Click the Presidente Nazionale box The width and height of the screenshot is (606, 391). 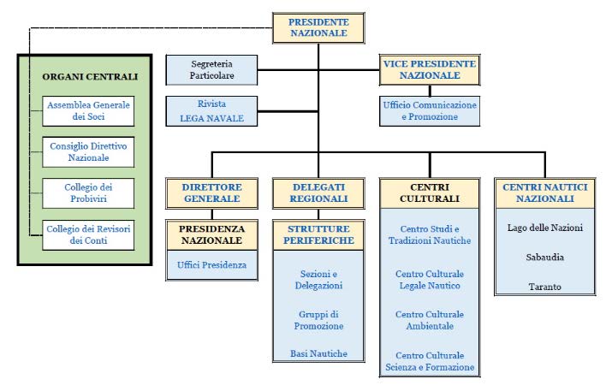point(318,28)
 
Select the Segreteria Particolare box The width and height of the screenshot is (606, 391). point(211,70)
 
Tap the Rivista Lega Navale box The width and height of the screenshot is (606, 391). point(211,111)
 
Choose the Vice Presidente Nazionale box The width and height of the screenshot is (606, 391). point(430,70)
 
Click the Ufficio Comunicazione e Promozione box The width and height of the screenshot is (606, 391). point(430,111)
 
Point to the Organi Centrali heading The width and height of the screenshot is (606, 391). point(90,76)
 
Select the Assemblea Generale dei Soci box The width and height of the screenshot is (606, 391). point(88,111)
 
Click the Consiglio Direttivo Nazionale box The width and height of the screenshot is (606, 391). point(88,152)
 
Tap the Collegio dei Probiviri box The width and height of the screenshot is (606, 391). point(88,193)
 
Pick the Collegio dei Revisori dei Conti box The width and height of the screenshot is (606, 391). point(88,235)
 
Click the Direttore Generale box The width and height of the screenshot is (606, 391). point(211,193)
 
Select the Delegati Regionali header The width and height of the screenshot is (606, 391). point(318,193)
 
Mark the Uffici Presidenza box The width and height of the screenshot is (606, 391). point(211,265)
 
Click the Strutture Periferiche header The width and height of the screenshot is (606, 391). point(318,235)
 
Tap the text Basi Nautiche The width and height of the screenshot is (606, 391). point(319,353)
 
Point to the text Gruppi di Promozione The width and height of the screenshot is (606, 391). point(319,320)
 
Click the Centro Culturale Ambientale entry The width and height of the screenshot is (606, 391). point(430,320)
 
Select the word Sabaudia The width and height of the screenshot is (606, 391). point(545,258)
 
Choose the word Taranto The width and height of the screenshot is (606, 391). point(545,287)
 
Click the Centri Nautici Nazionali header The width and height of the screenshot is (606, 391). point(545,193)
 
